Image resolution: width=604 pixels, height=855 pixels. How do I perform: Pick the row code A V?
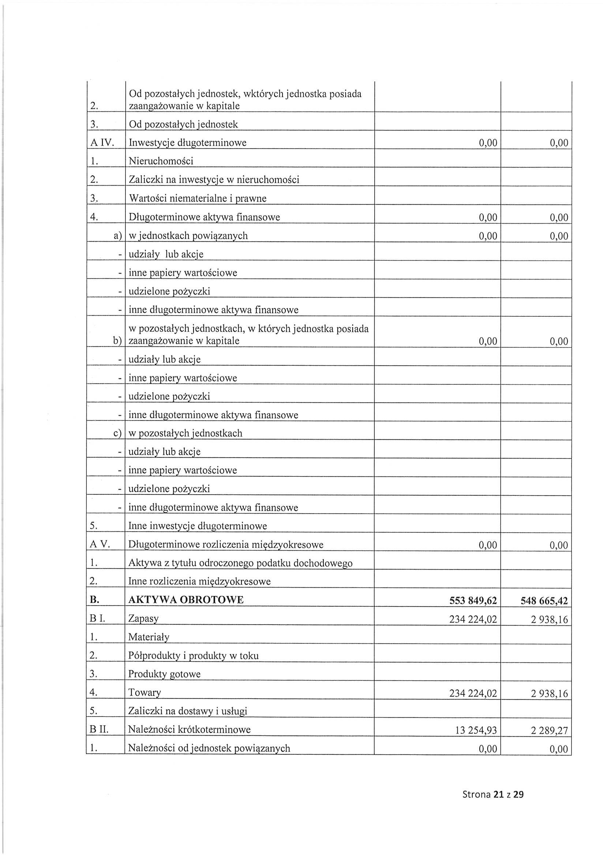click(100, 545)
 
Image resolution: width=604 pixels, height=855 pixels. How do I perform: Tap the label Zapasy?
click(143, 619)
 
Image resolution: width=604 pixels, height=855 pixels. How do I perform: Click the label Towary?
click(145, 693)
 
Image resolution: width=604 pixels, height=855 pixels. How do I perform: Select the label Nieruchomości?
click(161, 161)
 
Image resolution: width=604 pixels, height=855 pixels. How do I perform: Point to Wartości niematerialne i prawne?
click(197, 198)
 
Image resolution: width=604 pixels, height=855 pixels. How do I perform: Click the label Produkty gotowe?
click(164, 674)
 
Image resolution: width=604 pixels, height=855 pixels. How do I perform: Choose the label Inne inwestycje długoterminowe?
click(198, 526)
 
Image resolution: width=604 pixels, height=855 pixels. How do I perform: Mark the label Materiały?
click(149, 637)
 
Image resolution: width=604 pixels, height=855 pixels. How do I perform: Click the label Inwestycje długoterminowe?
click(187, 143)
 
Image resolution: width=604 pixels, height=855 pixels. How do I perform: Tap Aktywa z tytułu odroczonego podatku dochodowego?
click(240, 563)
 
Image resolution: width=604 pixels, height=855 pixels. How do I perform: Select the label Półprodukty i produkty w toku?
click(193, 656)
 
